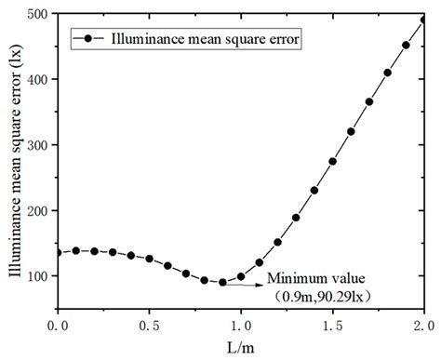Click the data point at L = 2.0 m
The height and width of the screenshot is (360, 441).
pyautogui.click(x=423, y=19)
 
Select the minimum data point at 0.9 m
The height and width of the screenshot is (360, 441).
pyautogui.click(x=222, y=282)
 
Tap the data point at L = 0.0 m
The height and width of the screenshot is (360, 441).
pyautogui.click(x=58, y=252)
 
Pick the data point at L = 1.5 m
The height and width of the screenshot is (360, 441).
pyautogui.click(x=332, y=161)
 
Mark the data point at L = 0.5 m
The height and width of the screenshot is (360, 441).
pyautogui.click(x=149, y=259)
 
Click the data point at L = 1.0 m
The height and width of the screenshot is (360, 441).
pyautogui.click(x=241, y=276)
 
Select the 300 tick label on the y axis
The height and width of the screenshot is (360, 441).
pyautogui.click(x=37, y=146)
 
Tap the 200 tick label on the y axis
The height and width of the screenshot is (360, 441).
pyautogui.click(x=37, y=211)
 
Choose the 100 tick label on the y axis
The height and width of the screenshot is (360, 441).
pyautogui.click(x=37, y=276)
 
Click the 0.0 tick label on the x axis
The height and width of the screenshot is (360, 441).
pyautogui.click(x=58, y=325)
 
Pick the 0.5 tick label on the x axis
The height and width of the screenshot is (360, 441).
pyautogui.click(x=149, y=325)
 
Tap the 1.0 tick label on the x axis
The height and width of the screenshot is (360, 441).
pyautogui.click(x=240, y=325)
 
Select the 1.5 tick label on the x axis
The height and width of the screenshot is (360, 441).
pyautogui.click(x=332, y=325)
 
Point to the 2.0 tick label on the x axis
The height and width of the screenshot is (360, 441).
pyautogui.click(x=422, y=325)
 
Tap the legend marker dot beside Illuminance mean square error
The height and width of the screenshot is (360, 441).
pyautogui.click(x=87, y=39)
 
